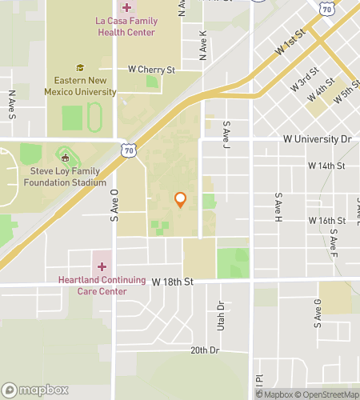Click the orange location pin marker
[181, 199]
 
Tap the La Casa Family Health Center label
[126, 26]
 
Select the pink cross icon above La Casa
[126, 7]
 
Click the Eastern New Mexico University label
[86, 86]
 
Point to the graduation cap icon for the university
[80, 68]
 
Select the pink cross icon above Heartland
[102, 266]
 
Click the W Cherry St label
[152, 70]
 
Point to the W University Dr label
[317, 139]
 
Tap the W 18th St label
[173, 282]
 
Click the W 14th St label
[326, 166]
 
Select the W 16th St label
[326, 220]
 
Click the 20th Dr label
[205, 350]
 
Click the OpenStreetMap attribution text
[327, 394]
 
